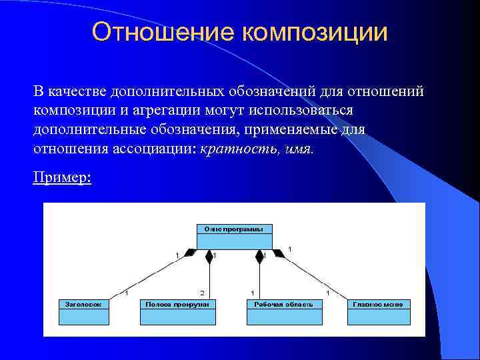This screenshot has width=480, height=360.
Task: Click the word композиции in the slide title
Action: point(313,33)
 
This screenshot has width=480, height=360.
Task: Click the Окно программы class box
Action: point(234,236)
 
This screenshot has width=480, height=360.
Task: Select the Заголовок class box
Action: point(84,311)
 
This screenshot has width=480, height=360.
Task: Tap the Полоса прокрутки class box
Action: point(178,311)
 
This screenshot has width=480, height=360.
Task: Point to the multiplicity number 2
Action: point(202,293)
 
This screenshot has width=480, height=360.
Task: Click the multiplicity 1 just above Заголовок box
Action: point(127,293)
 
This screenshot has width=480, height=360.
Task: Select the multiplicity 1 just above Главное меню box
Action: point(327,293)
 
